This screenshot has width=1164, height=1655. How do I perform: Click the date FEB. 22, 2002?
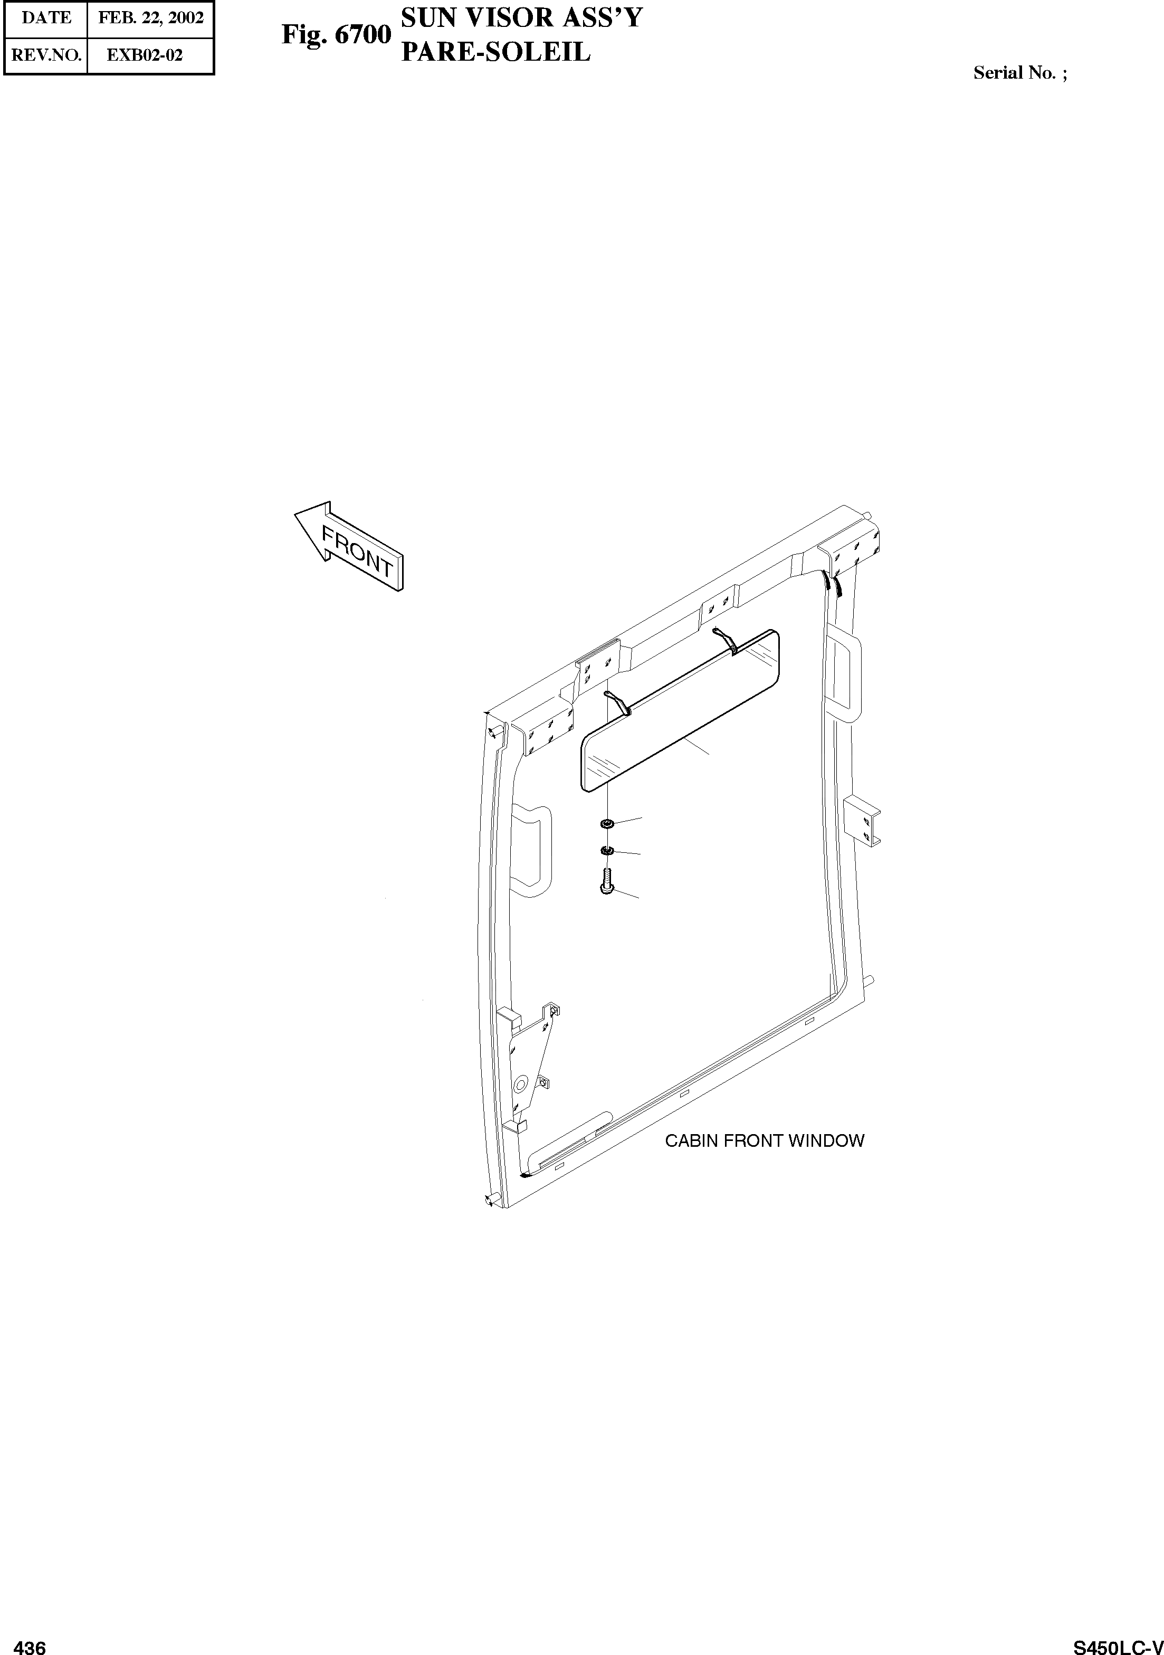150,18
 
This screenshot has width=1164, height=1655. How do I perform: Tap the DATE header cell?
45,18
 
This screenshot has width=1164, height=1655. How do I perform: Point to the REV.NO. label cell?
45,55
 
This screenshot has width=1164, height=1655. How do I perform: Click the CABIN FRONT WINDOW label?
764,1141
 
